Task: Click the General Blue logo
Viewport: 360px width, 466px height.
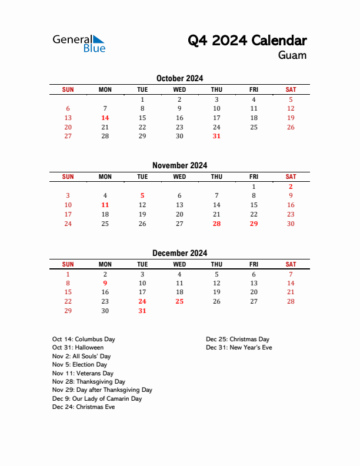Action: (79, 43)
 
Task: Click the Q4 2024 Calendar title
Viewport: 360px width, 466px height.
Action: (247, 41)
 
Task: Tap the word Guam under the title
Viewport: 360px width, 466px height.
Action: (292, 55)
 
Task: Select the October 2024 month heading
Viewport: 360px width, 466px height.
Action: (179, 78)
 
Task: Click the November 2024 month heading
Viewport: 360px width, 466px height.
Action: (179, 165)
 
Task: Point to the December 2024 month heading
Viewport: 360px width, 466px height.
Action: (179, 253)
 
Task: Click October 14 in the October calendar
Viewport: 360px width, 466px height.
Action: (105, 118)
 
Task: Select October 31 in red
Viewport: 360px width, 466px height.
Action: (216, 136)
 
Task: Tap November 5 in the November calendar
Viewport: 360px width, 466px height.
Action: (142, 195)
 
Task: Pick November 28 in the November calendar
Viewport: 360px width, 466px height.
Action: (216, 224)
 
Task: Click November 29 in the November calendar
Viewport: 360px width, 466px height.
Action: (254, 224)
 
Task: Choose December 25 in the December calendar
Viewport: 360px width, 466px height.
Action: (179, 301)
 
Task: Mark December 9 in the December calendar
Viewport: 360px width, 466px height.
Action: (105, 282)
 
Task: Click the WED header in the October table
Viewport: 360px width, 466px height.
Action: (179, 89)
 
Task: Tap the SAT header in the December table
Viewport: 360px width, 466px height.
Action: (291, 264)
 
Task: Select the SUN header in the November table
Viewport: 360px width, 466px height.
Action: (68, 177)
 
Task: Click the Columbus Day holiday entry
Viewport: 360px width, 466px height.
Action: (84, 339)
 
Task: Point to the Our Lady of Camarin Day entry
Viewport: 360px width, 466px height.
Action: (97, 399)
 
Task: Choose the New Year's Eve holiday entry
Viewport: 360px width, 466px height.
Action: (239, 348)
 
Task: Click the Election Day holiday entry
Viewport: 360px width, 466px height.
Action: (79, 365)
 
